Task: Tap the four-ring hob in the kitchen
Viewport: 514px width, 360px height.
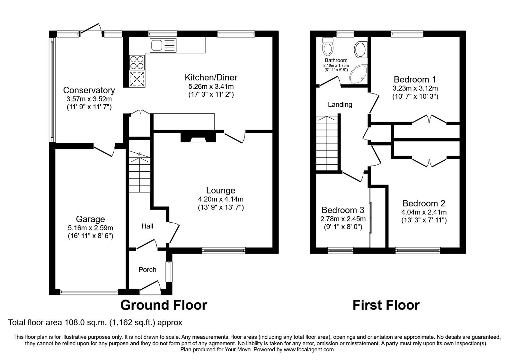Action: pyautogui.click(x=137, y=62)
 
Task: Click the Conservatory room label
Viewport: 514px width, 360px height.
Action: pyautogui.click(x=89, y=90)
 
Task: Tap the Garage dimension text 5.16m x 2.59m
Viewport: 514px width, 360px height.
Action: pyautogui.click(x=90, y=228)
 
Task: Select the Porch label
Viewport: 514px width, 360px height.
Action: pyautogui.click(x=147, y=270)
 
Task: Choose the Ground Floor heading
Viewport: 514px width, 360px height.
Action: pyautogui.click(x=164, y=305)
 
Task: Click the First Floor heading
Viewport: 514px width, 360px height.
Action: pyautogui.click(x=386, y=305)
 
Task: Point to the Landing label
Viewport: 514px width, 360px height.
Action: pyautogui.click(x=340, y=104)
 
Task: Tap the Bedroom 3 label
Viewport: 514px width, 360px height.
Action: pyautogui.click(x=343, y=210)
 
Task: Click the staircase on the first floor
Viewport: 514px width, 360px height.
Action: pyautogui.click(x=327, y=143)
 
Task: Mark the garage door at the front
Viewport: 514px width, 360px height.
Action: pyautogui.click(x=89, y=292)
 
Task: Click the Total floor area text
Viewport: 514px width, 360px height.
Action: pyautogui.click(x=95, y=322)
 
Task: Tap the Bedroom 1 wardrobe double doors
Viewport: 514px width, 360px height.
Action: pyautogui.click(x=429, y=119)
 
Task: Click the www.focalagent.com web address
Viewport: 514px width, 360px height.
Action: pyautogui.click(x=308, y=349)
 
